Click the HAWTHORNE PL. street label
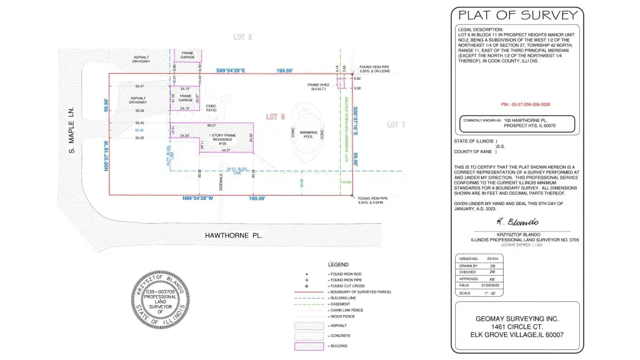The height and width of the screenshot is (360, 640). (x=234, y=236)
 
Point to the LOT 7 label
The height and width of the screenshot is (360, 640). (x=396, y=125)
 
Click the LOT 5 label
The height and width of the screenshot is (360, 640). (x=242, y=37)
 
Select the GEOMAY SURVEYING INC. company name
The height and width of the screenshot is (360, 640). (x=517, y=318)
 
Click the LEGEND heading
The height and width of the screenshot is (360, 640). (x=338, y=265)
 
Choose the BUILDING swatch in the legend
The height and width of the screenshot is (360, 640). (x=309, y=346)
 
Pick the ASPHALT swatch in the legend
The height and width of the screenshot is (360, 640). (x=309, y=326)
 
